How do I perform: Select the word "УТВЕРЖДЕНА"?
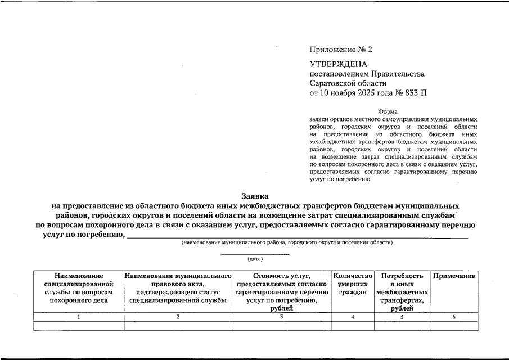[338, 64]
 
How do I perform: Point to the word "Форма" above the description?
[388, 111]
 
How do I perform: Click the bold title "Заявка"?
[255, 196]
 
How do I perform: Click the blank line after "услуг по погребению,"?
[298, 236]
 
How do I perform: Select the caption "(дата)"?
[255, 259]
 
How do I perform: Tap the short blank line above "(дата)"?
[255, 254]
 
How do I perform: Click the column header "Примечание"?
[454, 276]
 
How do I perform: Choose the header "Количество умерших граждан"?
[353, 284]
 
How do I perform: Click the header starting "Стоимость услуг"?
[282, 288]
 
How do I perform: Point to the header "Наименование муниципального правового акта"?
[178, 288]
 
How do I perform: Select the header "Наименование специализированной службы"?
[78, 288]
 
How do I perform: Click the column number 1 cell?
[78, 317]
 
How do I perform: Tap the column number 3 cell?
[282, 317]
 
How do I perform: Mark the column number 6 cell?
[454, 317]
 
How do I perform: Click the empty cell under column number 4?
[353, 326]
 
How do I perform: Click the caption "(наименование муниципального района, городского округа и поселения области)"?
[287, 242]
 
